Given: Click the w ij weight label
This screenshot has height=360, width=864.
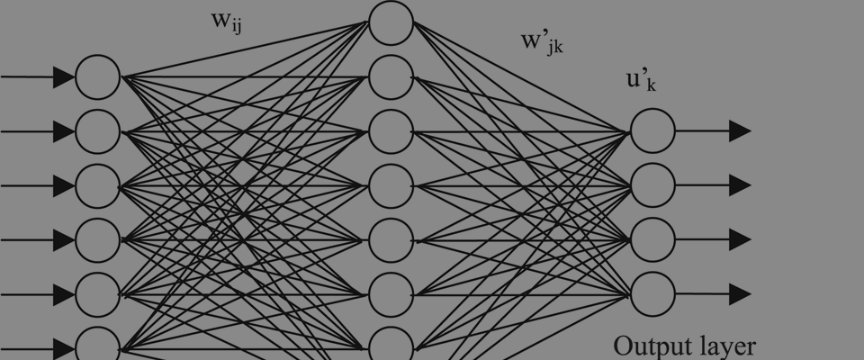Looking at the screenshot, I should pyautogui.click(x=227, y=22).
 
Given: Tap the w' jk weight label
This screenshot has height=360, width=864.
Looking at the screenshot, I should pyautogui.click(x=543, y=43).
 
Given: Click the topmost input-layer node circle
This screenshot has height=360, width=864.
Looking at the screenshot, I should pyautogui.click(x=97, y=77).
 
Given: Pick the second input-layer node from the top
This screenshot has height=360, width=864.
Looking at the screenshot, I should pyautogui.click(x=97, y=131).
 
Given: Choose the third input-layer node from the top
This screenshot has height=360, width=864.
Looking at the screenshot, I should pyautogui.click(x=97, y=185).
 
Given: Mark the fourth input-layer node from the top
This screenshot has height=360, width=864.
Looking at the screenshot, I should pyautogui.click(x=97, y=239).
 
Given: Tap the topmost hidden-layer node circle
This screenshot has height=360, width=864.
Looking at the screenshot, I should pyautogui.click(x=391, y=23).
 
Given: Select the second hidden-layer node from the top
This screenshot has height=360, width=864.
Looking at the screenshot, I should pyautogui.click(x=391, y=77).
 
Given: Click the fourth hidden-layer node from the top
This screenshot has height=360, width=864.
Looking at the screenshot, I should pyautogui.click(x=391, y=185).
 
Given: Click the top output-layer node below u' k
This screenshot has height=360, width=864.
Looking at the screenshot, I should pyautogui.click(x=652, y=131).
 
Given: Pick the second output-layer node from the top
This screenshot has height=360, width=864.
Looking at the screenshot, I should pyautogui.click(x=652, y=185).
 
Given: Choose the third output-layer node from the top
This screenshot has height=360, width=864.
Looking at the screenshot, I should pyautogui.click(x=652, y=239).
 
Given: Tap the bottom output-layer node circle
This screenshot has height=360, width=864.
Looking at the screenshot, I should pyautogui.click(x=652, y=293).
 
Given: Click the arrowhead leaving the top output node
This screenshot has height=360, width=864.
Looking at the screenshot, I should pyautogui.click(x=740, y=131).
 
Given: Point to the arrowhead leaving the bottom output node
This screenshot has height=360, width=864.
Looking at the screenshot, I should pyautogui.click(x=740, y=293).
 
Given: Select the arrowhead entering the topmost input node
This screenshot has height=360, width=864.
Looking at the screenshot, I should pyautogui.click(x=63, y=77).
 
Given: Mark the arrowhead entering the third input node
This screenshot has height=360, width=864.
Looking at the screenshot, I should pyautogui.click(x=63, y=185).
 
